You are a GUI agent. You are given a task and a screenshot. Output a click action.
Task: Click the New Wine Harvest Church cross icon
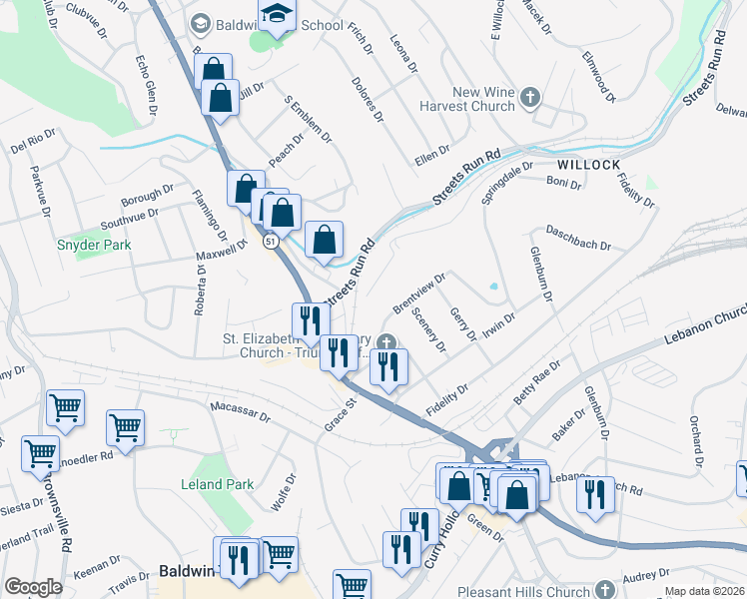530,97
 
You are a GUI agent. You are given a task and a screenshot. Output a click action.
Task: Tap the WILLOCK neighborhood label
588,165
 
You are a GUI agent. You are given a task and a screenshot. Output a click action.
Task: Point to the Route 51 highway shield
270,241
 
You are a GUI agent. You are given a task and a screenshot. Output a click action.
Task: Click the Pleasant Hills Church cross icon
604,588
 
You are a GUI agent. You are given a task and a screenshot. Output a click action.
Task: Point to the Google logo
33,587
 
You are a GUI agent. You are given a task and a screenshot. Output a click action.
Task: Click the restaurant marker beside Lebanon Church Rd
595,493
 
